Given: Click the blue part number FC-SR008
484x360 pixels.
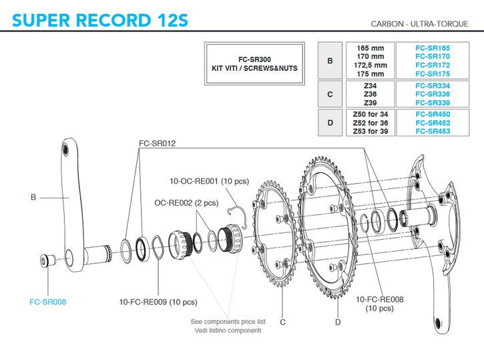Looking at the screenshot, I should click(48, 301).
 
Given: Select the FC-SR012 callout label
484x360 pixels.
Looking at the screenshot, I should click(158, 144).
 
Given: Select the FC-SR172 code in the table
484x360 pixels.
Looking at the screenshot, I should click(432, 65).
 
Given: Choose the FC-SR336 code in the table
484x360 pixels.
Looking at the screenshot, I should click(432, 94).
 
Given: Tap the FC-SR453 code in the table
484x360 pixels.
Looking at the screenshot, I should click(432, 132).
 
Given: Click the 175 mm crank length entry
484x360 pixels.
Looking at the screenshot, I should click(370, 74).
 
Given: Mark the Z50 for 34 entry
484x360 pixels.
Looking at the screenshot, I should click(370, 114).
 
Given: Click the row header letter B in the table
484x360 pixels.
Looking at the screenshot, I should click(330, 61).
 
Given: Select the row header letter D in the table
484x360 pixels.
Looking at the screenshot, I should click(330, 123).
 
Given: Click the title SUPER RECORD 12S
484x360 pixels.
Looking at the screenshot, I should click(100, 20).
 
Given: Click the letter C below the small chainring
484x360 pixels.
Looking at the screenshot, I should click(283, 322).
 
